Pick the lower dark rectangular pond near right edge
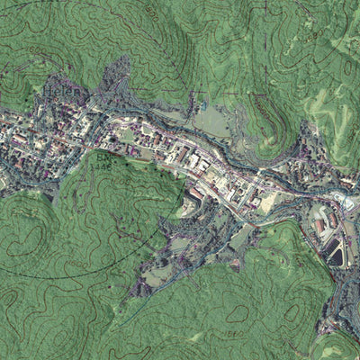(x=336, y=257)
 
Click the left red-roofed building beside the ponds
(x=320, y=225)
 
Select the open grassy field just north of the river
(x=211, y=121)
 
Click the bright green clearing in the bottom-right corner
(x=337, y=346)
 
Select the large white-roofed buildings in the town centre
(x=193, y=162)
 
